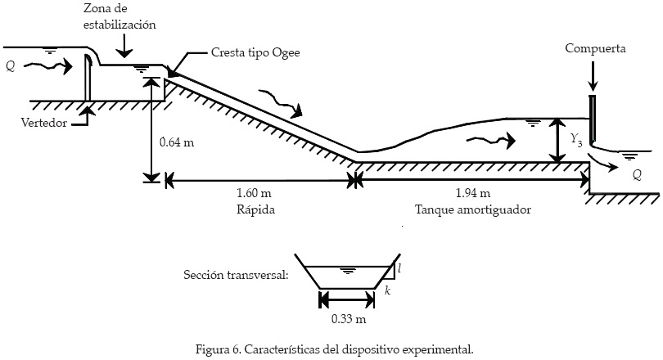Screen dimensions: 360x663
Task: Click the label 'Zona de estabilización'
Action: click(x=120, y=17)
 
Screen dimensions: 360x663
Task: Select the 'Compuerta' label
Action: click(x=595, y=49)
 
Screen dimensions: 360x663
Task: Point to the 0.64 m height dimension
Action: click(x=177, y=142)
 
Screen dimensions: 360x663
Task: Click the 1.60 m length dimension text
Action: click(x=253, y=194)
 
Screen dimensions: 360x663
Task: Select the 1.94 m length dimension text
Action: click(x=472, y=194)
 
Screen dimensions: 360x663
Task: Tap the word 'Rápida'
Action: click(x=254, y=209)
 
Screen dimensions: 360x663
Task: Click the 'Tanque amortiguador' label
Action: click(x=473, y=209)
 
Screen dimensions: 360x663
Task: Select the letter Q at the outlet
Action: click(x=637, y=174)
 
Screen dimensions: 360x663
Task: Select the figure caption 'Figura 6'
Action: click(x=334, y=349)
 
